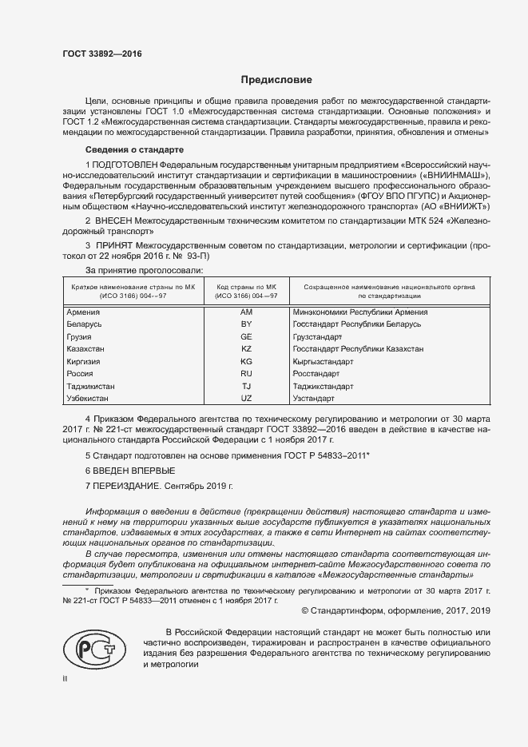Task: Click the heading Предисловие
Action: (277, 80)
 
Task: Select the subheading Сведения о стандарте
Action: (134, 150)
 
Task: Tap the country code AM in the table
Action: (246, 312)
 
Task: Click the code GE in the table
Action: (246, 337)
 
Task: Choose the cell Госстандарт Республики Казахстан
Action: (358, 349)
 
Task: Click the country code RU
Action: (246, 373)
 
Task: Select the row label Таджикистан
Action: (94, 386)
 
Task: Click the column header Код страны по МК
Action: (246, 285)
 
